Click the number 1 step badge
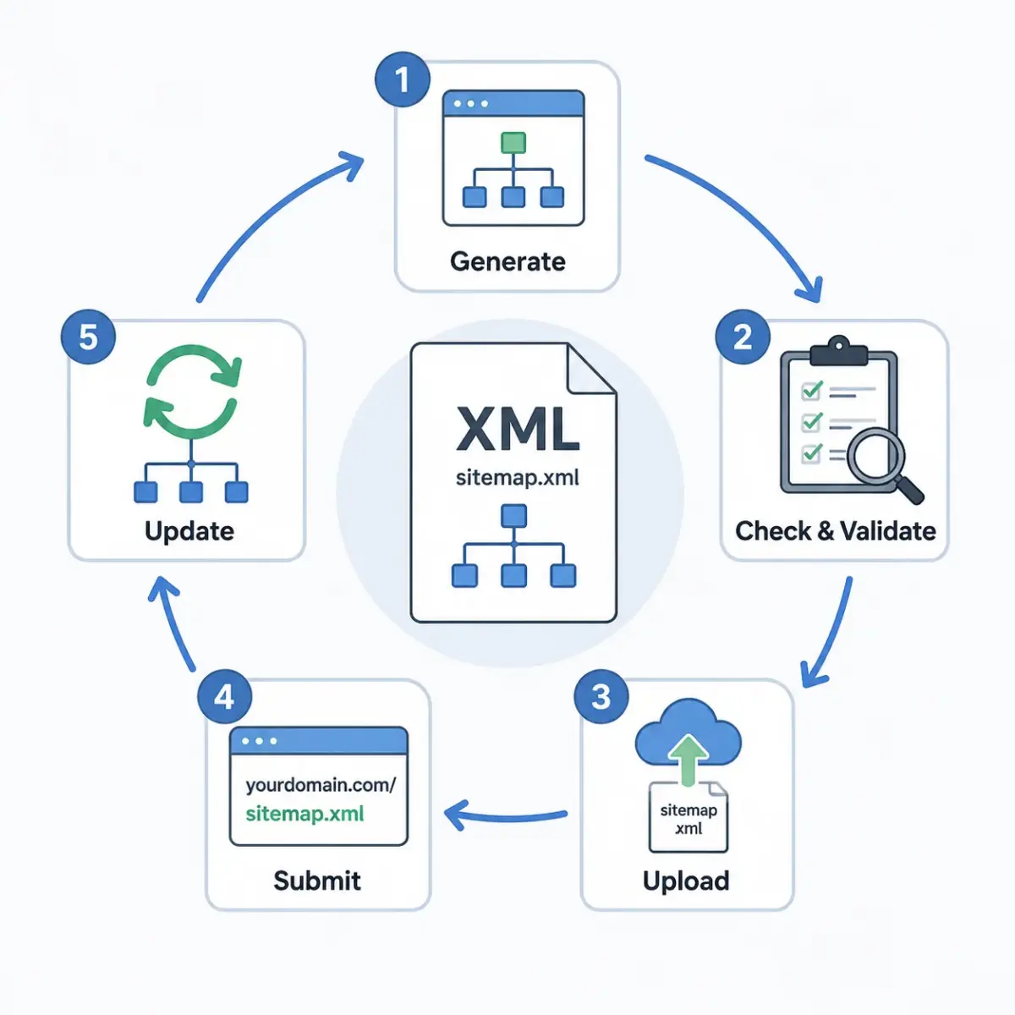point(403,80)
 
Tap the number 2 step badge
point(743,337)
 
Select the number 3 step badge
point(601,696)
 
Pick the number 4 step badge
point(224,696)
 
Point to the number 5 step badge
point(88,337)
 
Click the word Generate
point(507,261)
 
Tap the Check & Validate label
point(836,530)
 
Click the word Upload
point(686,881)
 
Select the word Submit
point(317,881)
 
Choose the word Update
point(189,531)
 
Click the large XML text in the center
point(518,429)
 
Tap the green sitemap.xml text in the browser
point(305,814)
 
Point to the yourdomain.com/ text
point(321,785)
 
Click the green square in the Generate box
point(513,143)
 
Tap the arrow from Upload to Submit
point(506,816)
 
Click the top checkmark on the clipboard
point(812,390)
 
